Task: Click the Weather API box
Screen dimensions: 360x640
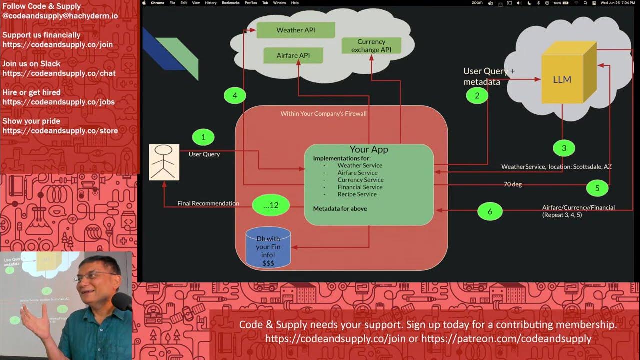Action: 295,30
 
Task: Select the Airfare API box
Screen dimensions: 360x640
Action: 293,55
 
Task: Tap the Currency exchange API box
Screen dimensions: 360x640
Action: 371,46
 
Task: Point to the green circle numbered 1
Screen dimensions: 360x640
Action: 203,137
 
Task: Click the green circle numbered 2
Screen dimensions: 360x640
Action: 477,95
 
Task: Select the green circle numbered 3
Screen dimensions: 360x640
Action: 564,148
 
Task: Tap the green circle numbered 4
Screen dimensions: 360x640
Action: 235,95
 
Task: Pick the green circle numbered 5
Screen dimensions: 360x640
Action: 597,188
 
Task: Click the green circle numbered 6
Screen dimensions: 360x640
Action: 490,211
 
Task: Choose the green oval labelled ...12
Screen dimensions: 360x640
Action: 271,205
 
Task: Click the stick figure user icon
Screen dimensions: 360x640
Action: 164,162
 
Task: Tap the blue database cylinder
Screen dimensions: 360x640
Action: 268,247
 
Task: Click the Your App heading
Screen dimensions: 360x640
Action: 369,149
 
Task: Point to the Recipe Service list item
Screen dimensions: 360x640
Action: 357,194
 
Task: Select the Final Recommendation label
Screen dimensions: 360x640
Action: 208,203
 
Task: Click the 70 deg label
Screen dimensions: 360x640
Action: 512,184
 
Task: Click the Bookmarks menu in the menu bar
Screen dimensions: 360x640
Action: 230,3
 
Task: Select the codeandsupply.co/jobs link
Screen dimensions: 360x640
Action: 58,102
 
